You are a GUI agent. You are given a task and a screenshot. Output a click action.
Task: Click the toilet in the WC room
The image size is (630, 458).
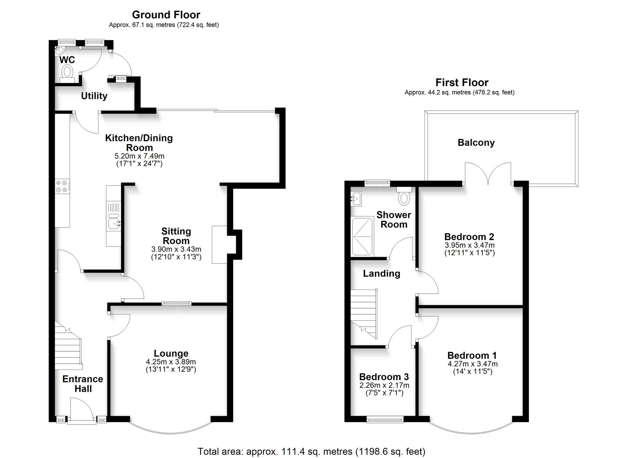point(67,74)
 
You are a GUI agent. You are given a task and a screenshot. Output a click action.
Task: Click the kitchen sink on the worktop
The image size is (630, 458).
point(114,223)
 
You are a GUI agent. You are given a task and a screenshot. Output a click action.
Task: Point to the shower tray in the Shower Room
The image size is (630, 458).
point(362,236)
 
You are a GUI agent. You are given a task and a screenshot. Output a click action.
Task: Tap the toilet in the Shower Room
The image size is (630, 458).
point(404,196)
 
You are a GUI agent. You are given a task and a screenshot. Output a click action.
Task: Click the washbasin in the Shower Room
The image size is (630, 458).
point(356,199)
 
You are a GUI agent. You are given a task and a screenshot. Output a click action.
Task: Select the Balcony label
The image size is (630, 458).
point(476,142)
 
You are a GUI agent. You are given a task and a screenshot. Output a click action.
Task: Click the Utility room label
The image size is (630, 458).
point(94,96)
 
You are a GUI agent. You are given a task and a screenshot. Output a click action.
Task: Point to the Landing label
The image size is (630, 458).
point(382,273)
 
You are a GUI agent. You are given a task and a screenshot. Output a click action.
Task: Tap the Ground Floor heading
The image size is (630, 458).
point(166,15)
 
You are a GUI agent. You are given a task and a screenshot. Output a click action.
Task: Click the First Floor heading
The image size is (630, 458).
point(462,82)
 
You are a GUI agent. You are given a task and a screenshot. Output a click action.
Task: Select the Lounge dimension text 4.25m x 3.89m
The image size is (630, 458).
point(171,362)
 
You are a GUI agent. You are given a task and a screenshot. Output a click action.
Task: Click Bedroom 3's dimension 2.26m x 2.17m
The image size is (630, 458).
point(384,385)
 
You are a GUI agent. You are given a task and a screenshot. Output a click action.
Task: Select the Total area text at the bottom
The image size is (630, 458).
point(311,451)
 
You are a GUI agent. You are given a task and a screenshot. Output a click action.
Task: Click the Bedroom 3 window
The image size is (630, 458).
point(385,420)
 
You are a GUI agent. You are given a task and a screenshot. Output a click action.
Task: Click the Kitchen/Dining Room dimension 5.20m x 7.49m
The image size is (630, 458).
point(139,156)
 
